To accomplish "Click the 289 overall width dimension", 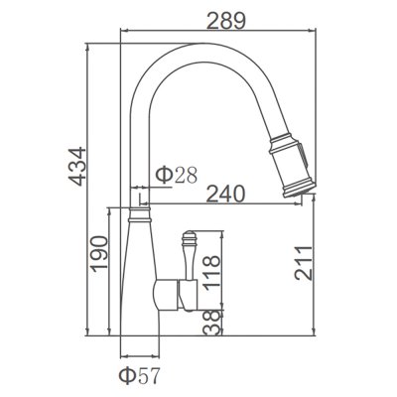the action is coord(226,21).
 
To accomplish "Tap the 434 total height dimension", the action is coord(77,166).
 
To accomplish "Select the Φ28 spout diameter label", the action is coord(177,175).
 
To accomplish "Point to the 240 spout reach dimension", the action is coord(225,194).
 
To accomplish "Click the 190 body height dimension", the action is coord(99,254).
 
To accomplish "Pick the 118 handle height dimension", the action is coord(211,273).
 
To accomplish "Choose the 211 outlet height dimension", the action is coord(304,263).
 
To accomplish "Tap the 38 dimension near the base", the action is coord(211,323).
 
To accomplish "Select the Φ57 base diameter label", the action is coord(140,375).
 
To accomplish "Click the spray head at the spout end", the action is coord(291,165).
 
